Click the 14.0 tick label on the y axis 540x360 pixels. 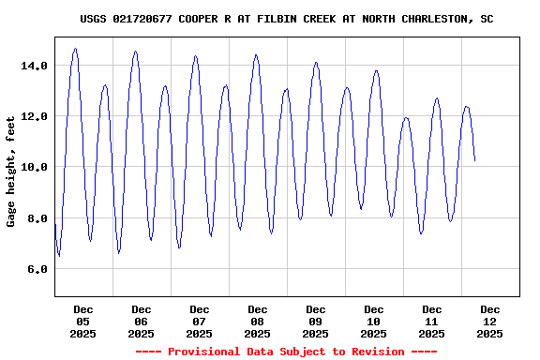click(36, 66)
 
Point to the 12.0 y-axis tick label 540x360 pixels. click(36, 116)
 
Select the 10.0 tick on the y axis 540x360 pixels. click(36, 167)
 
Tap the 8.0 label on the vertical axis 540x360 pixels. click(38, 218)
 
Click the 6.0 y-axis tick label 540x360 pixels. click(38, 269)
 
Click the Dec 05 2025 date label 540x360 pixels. click(83, 322)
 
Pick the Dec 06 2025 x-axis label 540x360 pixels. click(142, 322)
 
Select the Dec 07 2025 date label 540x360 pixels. click(200, 322)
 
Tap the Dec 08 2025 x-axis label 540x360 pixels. click(258, 322)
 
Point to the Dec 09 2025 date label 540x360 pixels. click(316, 322)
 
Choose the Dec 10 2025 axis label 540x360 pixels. click(374, 322)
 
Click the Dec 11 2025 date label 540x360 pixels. click(432, 322)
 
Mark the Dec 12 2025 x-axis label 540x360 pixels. click(490, 322)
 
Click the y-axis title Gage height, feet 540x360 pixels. click(11, 171)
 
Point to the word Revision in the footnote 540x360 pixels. click(374, 352)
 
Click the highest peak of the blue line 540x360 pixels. click(75, 49)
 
